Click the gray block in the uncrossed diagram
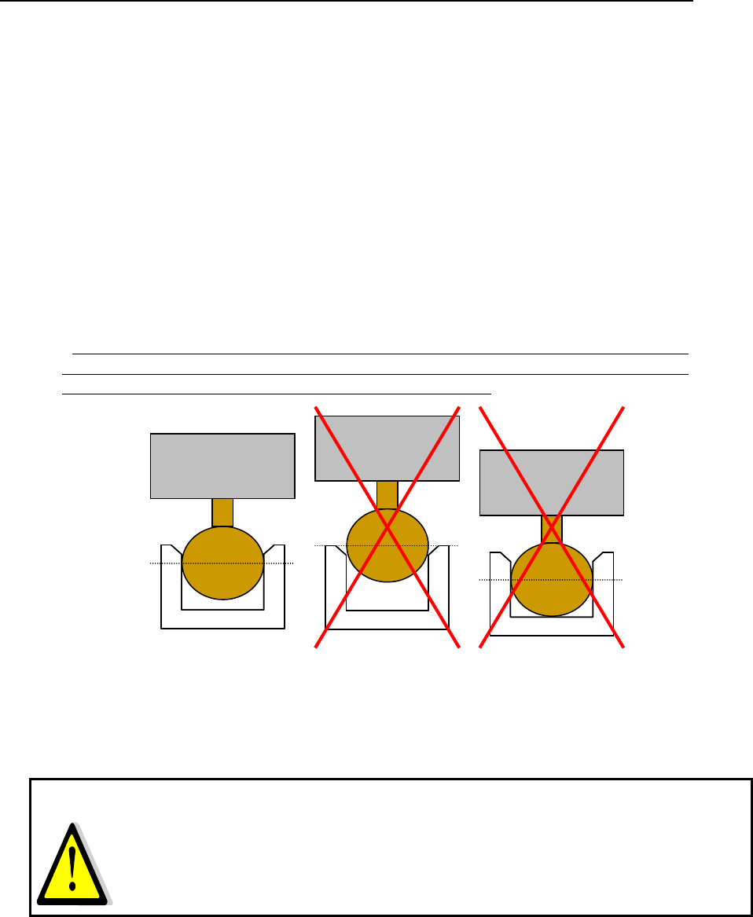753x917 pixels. pyautogui.click(x=222, y=465)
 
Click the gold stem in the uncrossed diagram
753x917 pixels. pyautogui.click(x=222, y=512)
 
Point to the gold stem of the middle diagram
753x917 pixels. pyautogui.click(x=387, y=494)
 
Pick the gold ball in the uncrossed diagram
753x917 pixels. pyautogui.click(x=222, y=563)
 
